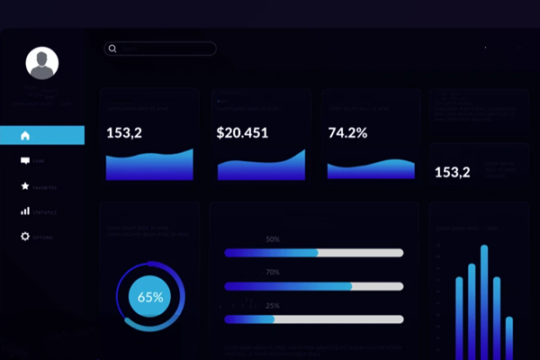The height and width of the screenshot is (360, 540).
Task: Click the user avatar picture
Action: [x=42, y=63]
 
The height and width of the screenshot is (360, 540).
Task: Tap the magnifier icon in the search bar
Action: [x=112, y=49]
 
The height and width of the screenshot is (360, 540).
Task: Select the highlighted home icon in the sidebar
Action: [x=25, y=135]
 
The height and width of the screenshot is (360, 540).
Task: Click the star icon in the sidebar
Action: [x=25, y=186]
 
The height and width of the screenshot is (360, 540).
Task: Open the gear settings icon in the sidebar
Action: [x=25, y=237]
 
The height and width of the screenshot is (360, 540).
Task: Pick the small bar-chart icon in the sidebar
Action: [x=25, y=211]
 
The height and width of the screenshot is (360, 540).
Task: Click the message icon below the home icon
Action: [x=25, y=161]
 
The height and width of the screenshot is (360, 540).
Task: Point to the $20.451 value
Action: [x=242, y=133]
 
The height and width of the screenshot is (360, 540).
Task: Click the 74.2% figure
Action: [x=347, y=133]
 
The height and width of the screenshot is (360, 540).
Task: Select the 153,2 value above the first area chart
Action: [x=124, y=133]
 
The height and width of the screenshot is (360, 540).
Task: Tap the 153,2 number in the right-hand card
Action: [x=452, y=172]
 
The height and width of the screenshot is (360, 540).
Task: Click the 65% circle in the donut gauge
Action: [x=150, y=296]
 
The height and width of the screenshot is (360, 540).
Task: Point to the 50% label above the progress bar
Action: [x=273, y=239]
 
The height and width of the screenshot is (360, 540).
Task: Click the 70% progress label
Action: [x=273, y=272]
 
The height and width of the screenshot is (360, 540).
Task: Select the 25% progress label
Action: [x=273, y=306]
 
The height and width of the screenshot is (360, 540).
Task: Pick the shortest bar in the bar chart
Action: [x=508, y=337]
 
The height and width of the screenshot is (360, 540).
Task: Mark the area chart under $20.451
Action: [x=261, y=168]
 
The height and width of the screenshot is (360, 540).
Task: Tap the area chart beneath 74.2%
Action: [x=370, y=170]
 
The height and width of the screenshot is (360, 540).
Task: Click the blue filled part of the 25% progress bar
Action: [x=249, y=319]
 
